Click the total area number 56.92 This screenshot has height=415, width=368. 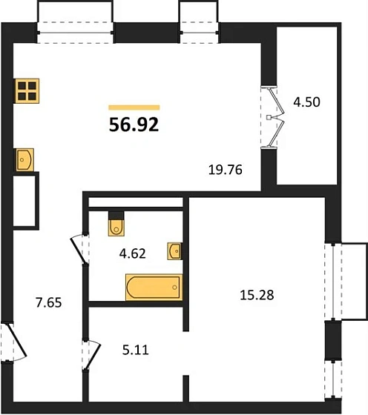[x=134, y=124]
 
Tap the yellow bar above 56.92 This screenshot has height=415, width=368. [x=134, y=107]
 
